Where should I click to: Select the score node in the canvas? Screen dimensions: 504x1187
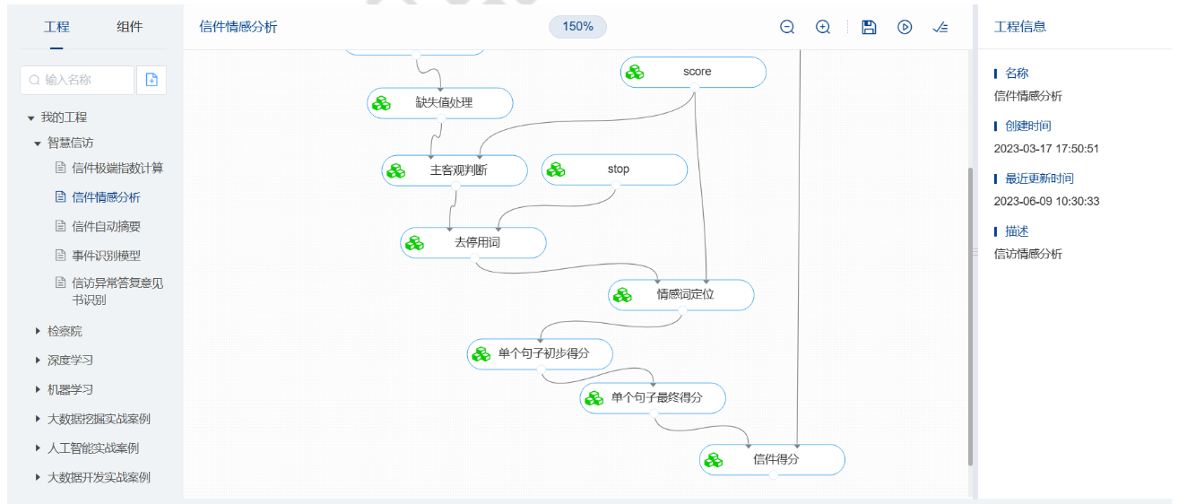coord(693,72)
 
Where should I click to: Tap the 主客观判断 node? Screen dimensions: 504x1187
coord(455,170)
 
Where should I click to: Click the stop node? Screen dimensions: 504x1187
coord(615,169)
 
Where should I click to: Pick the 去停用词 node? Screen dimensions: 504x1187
coord(473,243)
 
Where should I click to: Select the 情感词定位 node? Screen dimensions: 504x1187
coord(681,294)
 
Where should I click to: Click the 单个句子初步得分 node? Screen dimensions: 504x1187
coord(541,353)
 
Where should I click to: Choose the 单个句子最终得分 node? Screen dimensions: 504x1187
coord(654,397)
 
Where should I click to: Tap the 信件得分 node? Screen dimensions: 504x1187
coord(773,460)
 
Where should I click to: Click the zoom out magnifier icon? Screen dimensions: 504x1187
coord(787,27)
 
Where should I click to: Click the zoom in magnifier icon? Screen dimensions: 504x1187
coord(823,27)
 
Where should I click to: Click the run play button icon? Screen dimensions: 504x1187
coord(905,27)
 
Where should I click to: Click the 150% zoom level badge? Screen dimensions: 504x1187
coord(577,27)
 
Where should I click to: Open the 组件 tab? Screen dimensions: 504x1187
coord(129,27)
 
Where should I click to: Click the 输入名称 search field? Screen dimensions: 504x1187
coord(78,80)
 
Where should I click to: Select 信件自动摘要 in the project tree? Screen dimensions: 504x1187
coord(106,226)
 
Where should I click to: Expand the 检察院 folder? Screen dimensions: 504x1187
coord(64,331)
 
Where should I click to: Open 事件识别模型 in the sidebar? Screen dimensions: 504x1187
coord(106,256)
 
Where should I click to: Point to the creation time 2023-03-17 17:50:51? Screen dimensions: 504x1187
coord(1046,148)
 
